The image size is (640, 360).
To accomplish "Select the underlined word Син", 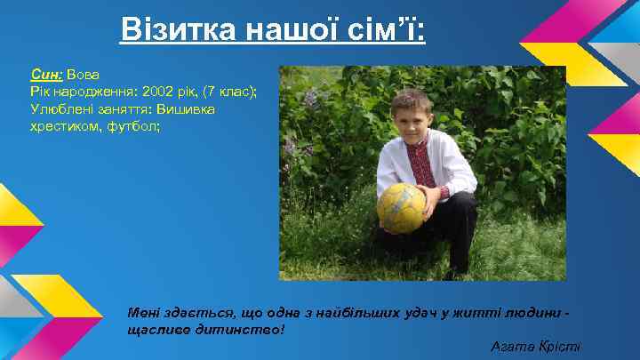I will pos(45,76).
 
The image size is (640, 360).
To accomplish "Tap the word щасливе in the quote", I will pos(162,329).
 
